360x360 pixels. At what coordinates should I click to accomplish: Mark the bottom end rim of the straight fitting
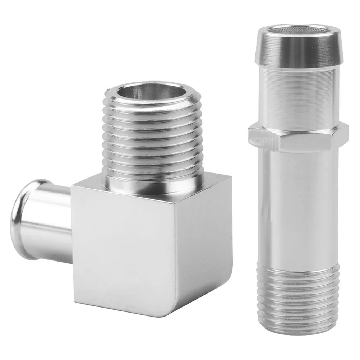tap(298, 331)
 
